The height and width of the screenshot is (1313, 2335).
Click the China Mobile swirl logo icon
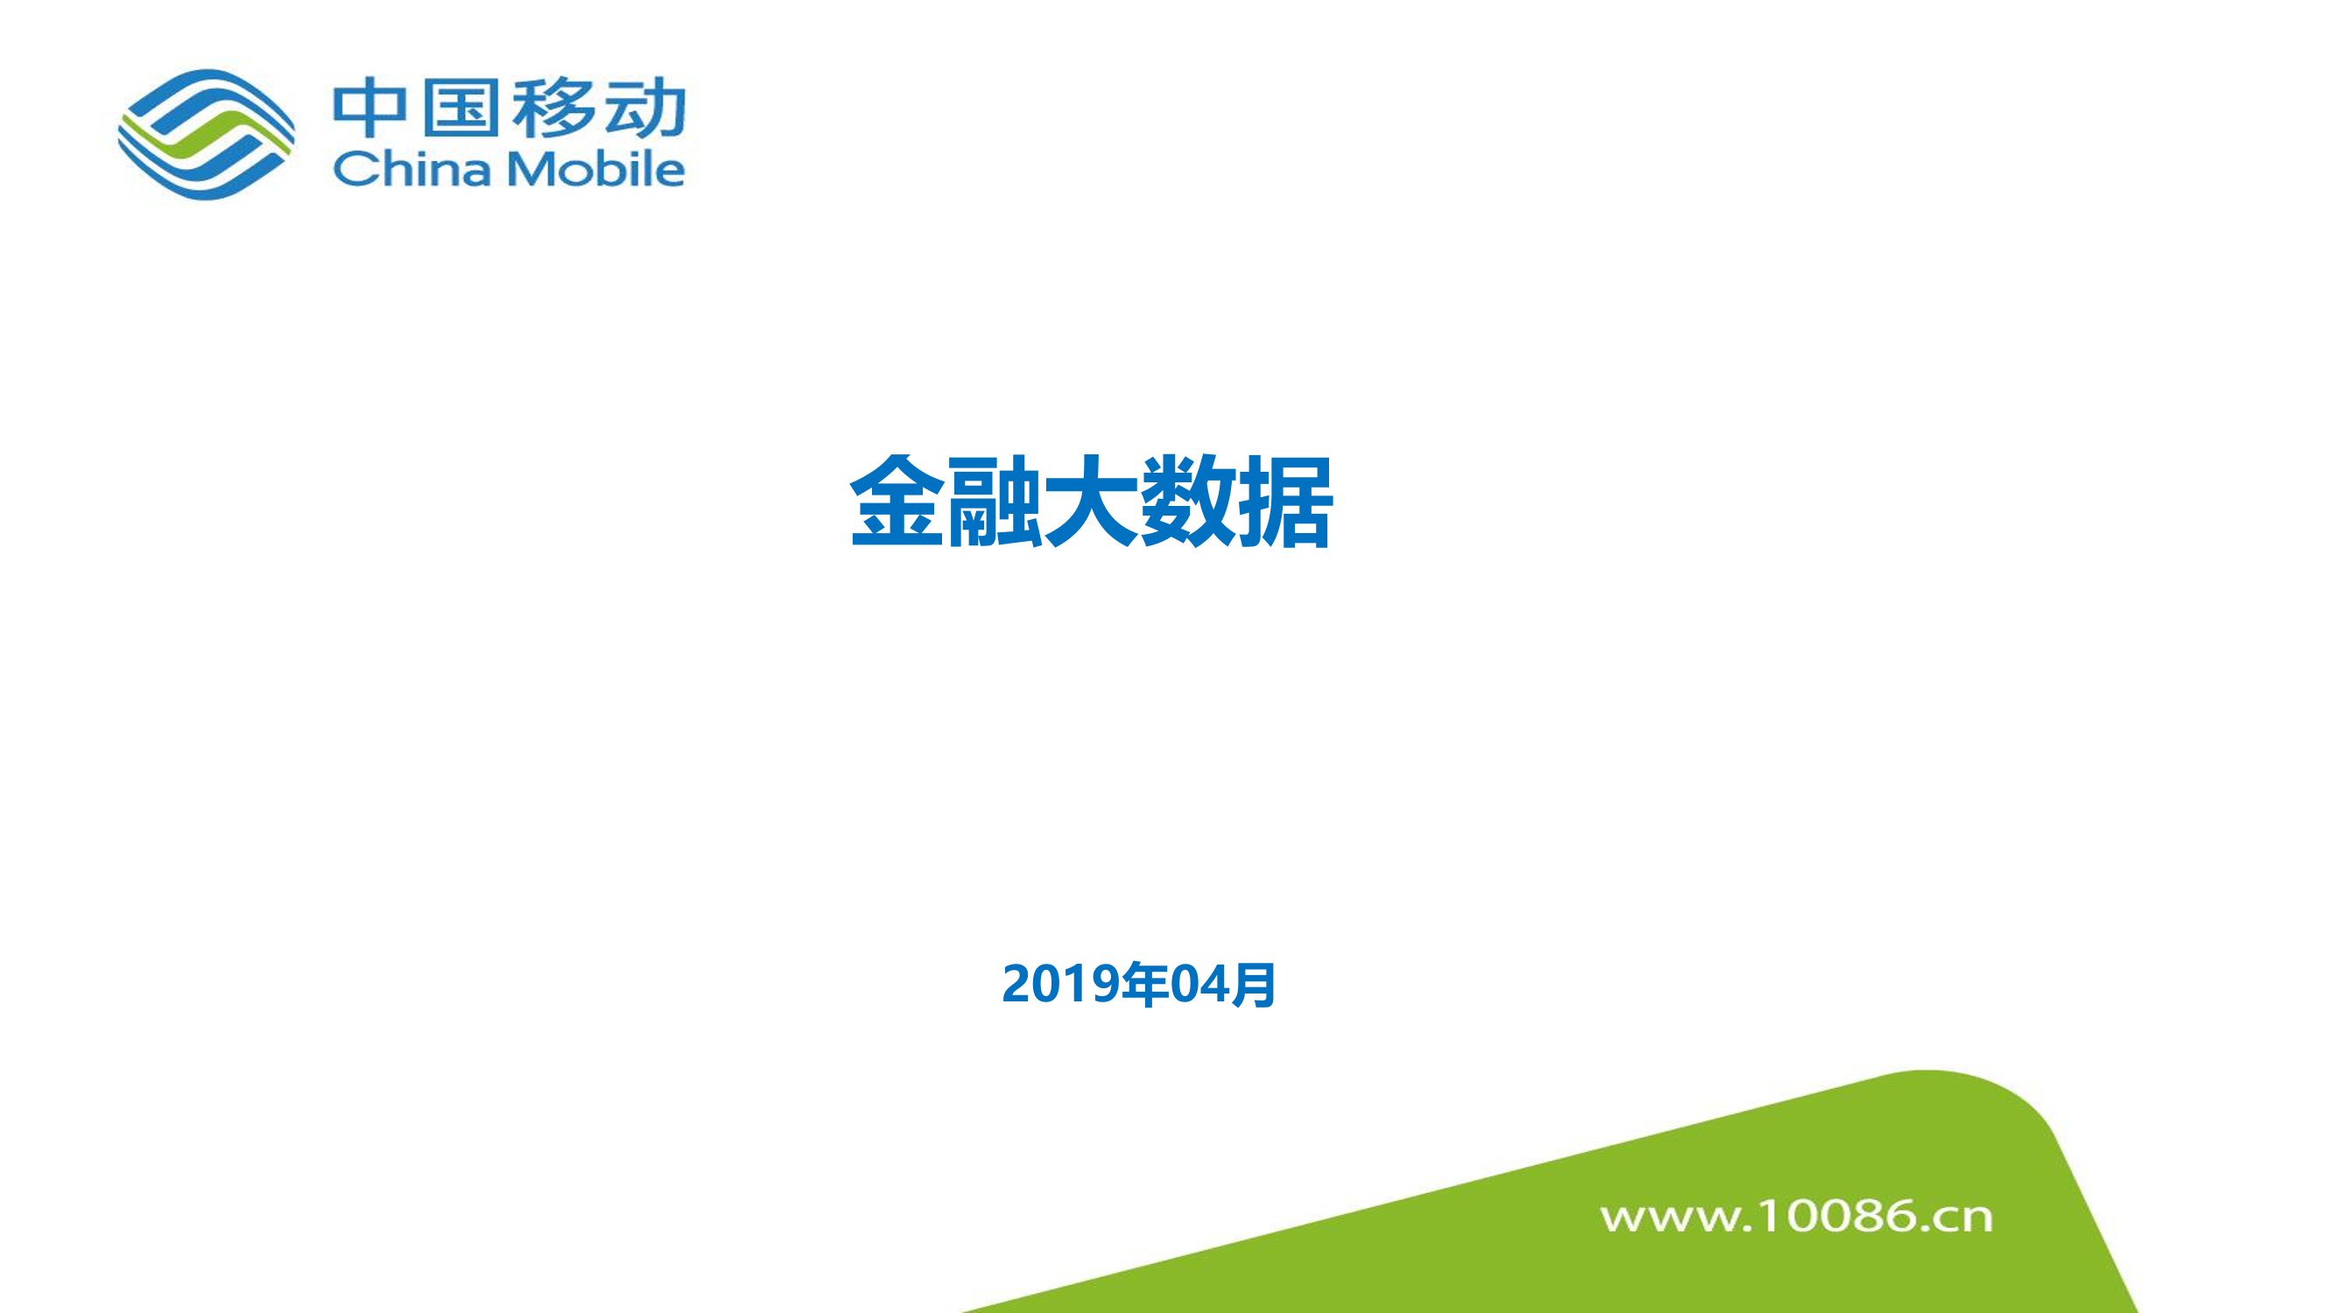point(207,134)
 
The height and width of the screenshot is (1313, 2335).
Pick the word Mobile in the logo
point(594,168)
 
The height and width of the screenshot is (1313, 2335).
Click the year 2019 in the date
point(1060,984)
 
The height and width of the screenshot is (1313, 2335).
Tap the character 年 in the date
point(1145,984)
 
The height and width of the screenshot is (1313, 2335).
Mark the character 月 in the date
point(1253,984)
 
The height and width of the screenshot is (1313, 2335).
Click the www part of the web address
point(1670,1218)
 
